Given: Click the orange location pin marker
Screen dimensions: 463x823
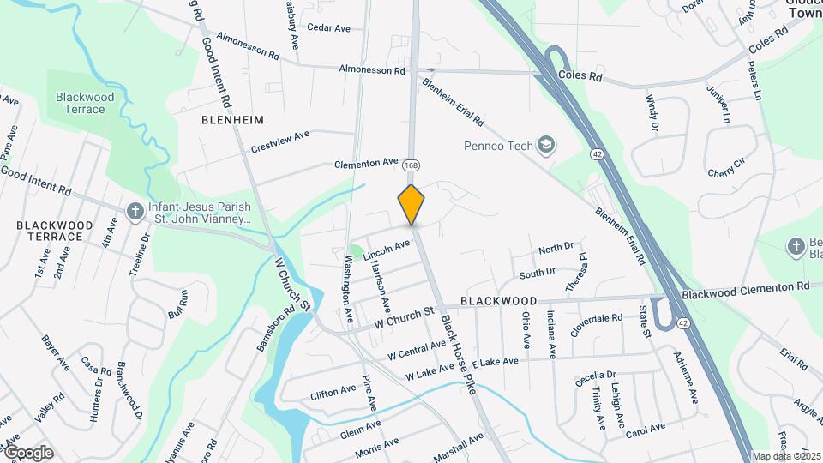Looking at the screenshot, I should [x=411, y=204].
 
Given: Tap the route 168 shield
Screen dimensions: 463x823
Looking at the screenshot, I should [x=413, y=164].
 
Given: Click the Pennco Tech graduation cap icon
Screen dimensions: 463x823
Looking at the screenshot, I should [x=545, y=145].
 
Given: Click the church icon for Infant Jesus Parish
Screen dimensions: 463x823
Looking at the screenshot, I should [x=135, y=211].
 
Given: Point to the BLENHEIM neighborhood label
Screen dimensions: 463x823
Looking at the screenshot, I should [x=232, y=120].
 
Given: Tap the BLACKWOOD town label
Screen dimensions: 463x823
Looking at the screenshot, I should [x=498, y=302].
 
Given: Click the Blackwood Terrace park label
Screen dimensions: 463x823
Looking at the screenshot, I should [x=80, y=103].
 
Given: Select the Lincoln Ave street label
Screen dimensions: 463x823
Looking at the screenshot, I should [x=387, y=250].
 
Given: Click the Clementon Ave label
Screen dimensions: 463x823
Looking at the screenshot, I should [x=366, y=162].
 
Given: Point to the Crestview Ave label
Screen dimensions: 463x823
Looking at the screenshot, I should [x=279, y=142].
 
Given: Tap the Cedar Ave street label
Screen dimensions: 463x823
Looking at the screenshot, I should [x=328, y=28].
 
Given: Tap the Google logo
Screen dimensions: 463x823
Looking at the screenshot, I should [x=28, y=452].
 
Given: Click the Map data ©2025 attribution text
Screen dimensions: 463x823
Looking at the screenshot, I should [x=786, y=456].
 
